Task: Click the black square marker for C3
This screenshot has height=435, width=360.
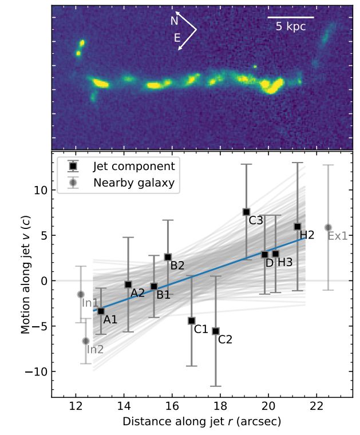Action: pyautogui.click(x=246, y=212)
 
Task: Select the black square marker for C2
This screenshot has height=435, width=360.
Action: pyautogui.click(x=216, y=331)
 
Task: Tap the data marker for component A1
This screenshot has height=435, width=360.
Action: pyautogui.click(x=101, y=311)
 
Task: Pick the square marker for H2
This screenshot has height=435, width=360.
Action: pyautogui.click(x=298, y=227)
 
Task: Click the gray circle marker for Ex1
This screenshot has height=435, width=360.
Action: pyautogui.click(x=328, y=227)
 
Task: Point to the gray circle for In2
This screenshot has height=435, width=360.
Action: pyautogui.click(x=86, y=341)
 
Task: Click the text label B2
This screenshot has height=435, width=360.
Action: pyautogui.click(x=177, y=266)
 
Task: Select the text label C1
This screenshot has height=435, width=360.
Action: pyautogui.click(x=201, y=329)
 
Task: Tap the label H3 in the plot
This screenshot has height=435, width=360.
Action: pyautogui.click(x=286, y=262)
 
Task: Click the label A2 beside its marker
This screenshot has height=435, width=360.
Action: pyautogui.click(x=137, y=292)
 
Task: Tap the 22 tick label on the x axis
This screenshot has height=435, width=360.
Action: pyautogui.click(x=316, y=407)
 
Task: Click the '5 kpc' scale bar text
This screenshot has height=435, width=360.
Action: pyautogui.click(x=291, y=26)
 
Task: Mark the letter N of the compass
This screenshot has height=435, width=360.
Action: pyautogui.click(x=175, y=21)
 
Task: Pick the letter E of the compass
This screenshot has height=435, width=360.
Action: pyautogui.click(x=177, y=38)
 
